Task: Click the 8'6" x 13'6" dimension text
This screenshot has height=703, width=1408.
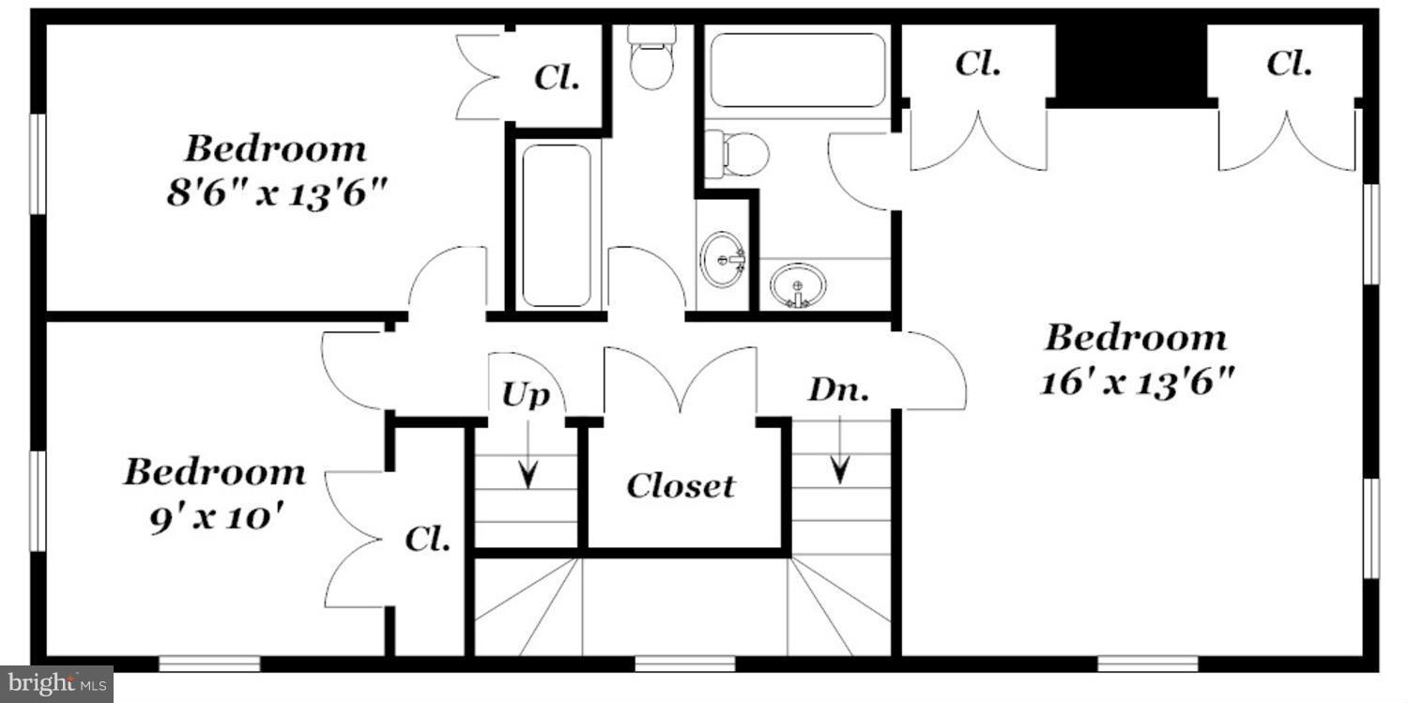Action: [277, 194]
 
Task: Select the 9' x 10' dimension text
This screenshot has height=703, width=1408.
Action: [216, 517]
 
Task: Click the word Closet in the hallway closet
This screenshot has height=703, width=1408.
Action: [681, 486]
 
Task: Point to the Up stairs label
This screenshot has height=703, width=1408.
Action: [525, 395]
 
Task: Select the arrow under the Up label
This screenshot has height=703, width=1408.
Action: [528, 454]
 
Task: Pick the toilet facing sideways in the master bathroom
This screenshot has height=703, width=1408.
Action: [738, 154]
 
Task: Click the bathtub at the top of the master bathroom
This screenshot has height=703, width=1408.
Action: [797, 70]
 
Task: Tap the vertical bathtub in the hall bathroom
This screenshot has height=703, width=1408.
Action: [557, 224]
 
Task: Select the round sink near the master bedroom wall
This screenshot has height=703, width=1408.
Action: [798, 283]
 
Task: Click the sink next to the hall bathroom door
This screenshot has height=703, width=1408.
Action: [723, 257]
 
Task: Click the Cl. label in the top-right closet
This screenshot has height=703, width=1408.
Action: [1289, 64]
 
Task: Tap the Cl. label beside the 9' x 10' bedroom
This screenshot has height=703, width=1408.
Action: [428, 539]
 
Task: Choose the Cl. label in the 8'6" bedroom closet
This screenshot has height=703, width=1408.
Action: [557, 77]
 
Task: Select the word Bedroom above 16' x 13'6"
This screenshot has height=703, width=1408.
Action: [1136, 337]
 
